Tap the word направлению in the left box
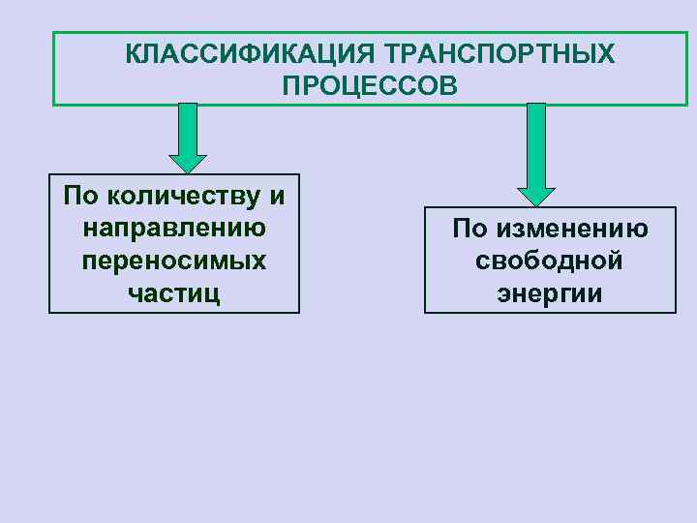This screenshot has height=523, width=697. (175, 230)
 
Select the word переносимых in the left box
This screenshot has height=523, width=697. (174, 261)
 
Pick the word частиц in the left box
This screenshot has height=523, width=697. (174, 293)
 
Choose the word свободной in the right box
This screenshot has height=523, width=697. (549, 261)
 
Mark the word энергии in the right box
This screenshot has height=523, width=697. (549, 293)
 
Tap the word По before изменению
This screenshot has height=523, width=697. (470, 230)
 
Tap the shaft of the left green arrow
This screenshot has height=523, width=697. (189, 126)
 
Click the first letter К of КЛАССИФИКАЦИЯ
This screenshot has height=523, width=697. (133, 53)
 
